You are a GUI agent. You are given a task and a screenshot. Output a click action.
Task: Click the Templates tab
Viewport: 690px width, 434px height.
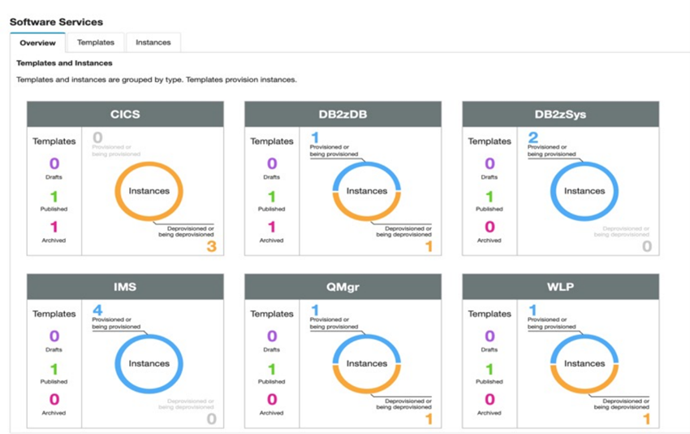pyautogui.click(x=96, y=42)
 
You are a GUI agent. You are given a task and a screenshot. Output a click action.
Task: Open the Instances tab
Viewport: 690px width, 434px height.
pyautogui.click(x=153, y=42)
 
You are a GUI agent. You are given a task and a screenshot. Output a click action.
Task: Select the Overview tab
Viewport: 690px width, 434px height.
pyautogui.click(x=37, y=42)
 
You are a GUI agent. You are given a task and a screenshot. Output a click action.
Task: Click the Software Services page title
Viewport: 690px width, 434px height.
pyautogui.click(x=56, y=21)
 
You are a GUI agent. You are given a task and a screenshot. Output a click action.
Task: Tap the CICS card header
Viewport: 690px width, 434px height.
pyautogui.click(x=125, y=115)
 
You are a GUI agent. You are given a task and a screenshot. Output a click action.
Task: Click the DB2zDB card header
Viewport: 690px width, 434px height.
pyautogui.click(x=343, y=115)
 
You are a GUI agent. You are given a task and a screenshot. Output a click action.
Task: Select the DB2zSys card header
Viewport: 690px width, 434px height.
pyautogui.click(x=560, y=115)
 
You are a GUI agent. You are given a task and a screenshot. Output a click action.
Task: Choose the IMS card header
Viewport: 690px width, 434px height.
pyautogui.click(x=125, y=287)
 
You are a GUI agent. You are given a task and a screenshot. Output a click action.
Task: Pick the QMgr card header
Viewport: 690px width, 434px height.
pyautogui.click(x=343, y=287)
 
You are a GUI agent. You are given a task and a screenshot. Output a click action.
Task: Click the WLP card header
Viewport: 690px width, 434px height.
pyautogui.click(x=560, y=287)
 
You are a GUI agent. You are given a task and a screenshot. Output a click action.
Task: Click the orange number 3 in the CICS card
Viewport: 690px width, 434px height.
pyautogui.click(x=211, y=246)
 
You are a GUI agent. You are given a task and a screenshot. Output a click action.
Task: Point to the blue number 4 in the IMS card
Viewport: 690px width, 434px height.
pyautogui.click(x=97, y=310)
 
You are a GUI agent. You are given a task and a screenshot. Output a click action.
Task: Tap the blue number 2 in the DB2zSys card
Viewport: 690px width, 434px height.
pyautogui.click(x=533, y=138)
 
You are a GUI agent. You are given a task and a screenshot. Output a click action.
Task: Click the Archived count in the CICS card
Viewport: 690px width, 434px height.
pyautogui.click(x=54, y=228)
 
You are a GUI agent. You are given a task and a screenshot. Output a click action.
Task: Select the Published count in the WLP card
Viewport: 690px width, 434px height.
pyautogui.click(x=489, y=369)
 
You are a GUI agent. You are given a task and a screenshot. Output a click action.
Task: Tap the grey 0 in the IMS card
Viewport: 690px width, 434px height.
pyautogui.click(x=211, y=419)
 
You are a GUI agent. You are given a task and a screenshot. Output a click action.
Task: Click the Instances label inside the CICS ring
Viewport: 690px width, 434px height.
pyautogui.click(x=149, y=191)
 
